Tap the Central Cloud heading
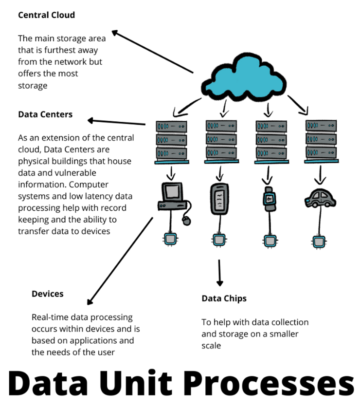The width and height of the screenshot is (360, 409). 46,15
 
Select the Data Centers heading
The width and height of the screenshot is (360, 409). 45,114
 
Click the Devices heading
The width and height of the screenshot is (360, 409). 47,294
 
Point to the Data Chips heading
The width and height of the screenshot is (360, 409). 224,298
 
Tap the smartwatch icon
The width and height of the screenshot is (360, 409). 269,199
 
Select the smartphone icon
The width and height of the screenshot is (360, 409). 219,199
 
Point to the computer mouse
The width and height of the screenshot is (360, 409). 186,221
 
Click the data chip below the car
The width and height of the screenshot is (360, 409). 319,240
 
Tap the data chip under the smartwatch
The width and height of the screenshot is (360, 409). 269,240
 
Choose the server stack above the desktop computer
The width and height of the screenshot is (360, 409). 171,142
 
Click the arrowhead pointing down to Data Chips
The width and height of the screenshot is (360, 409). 220,282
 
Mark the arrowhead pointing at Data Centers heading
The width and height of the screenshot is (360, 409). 91,120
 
